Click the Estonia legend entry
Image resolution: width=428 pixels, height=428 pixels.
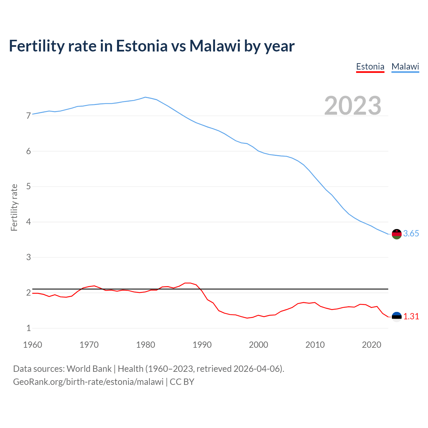pyautogui.click(x=370, y=67)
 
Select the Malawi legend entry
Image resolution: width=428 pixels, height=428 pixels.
pyautogui.click(x=405, y=67)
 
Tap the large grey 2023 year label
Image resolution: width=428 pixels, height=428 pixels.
pyautogui.click(x=353, y=106)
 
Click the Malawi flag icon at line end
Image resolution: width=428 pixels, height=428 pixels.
pyautogui.click(x=397, y=234)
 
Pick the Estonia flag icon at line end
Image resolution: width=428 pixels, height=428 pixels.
pyautogui.click(x=397, y=317)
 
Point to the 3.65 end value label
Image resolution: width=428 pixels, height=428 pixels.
pyautogui.click(x=411, y=234)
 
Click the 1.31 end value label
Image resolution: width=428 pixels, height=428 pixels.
pyautogui.click(x=411, y=316)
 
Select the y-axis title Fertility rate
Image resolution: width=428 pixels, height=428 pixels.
pyautogui.click(x=14, y=207)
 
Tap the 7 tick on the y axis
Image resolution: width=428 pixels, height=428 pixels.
pyautogui.click(x=28, y=116)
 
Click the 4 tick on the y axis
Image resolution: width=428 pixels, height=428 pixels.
pyautogui.click(x=28, y=222)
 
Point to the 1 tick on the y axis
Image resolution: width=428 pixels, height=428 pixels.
pyautogui.click(x=28, y=328)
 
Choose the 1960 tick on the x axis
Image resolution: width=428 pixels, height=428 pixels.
pyautogui.click(x=32, y=345)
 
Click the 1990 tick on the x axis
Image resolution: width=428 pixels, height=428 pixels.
pyautogui.click(x=202, y=345)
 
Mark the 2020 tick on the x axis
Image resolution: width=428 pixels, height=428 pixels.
pyautogui.click(x=371, y=345)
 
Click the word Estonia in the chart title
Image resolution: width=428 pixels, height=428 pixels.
pyautogui.click(x=141, y=46)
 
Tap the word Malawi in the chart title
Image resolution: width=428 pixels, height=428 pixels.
pyautogui.click(x=215, y=46)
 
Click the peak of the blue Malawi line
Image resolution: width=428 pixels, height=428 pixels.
pyautogui.click(x=145, y=97)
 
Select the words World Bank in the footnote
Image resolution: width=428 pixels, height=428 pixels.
pyautogui.click(x=89, y=368)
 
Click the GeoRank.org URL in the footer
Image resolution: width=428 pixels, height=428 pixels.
pyautogui.click(x=88, y=382)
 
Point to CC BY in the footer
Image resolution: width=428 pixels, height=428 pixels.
pyautogui.click(x=182, y=382)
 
